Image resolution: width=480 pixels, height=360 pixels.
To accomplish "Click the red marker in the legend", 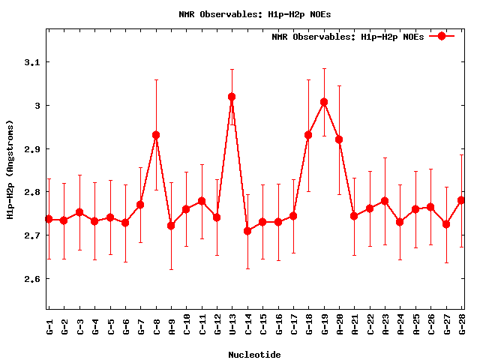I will (x=442, y=36).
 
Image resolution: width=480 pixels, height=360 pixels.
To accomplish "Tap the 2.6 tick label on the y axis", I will (x=31, y=279).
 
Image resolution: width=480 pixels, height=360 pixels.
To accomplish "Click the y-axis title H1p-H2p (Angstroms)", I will (x=10, y=169).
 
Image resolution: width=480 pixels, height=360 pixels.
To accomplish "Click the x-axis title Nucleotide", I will (x=255, y=355).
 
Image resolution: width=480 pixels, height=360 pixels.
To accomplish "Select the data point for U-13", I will (x=232, y=97).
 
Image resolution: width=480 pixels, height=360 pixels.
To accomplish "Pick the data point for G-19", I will (x=324, y=102).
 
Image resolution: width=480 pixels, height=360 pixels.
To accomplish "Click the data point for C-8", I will (x=156, y=135).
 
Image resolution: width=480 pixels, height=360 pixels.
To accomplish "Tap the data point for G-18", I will (x=308, y=135).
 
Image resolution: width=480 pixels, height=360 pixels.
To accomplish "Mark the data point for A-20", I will (x=339, y=139).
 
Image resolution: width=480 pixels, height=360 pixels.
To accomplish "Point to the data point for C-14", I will (x=247, y=231).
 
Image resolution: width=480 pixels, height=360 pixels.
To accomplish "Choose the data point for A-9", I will (x=171, y=226).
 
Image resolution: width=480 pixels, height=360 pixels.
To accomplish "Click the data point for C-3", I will (x=79, y=212).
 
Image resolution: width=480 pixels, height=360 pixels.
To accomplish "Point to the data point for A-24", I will (x=400, y=222).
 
